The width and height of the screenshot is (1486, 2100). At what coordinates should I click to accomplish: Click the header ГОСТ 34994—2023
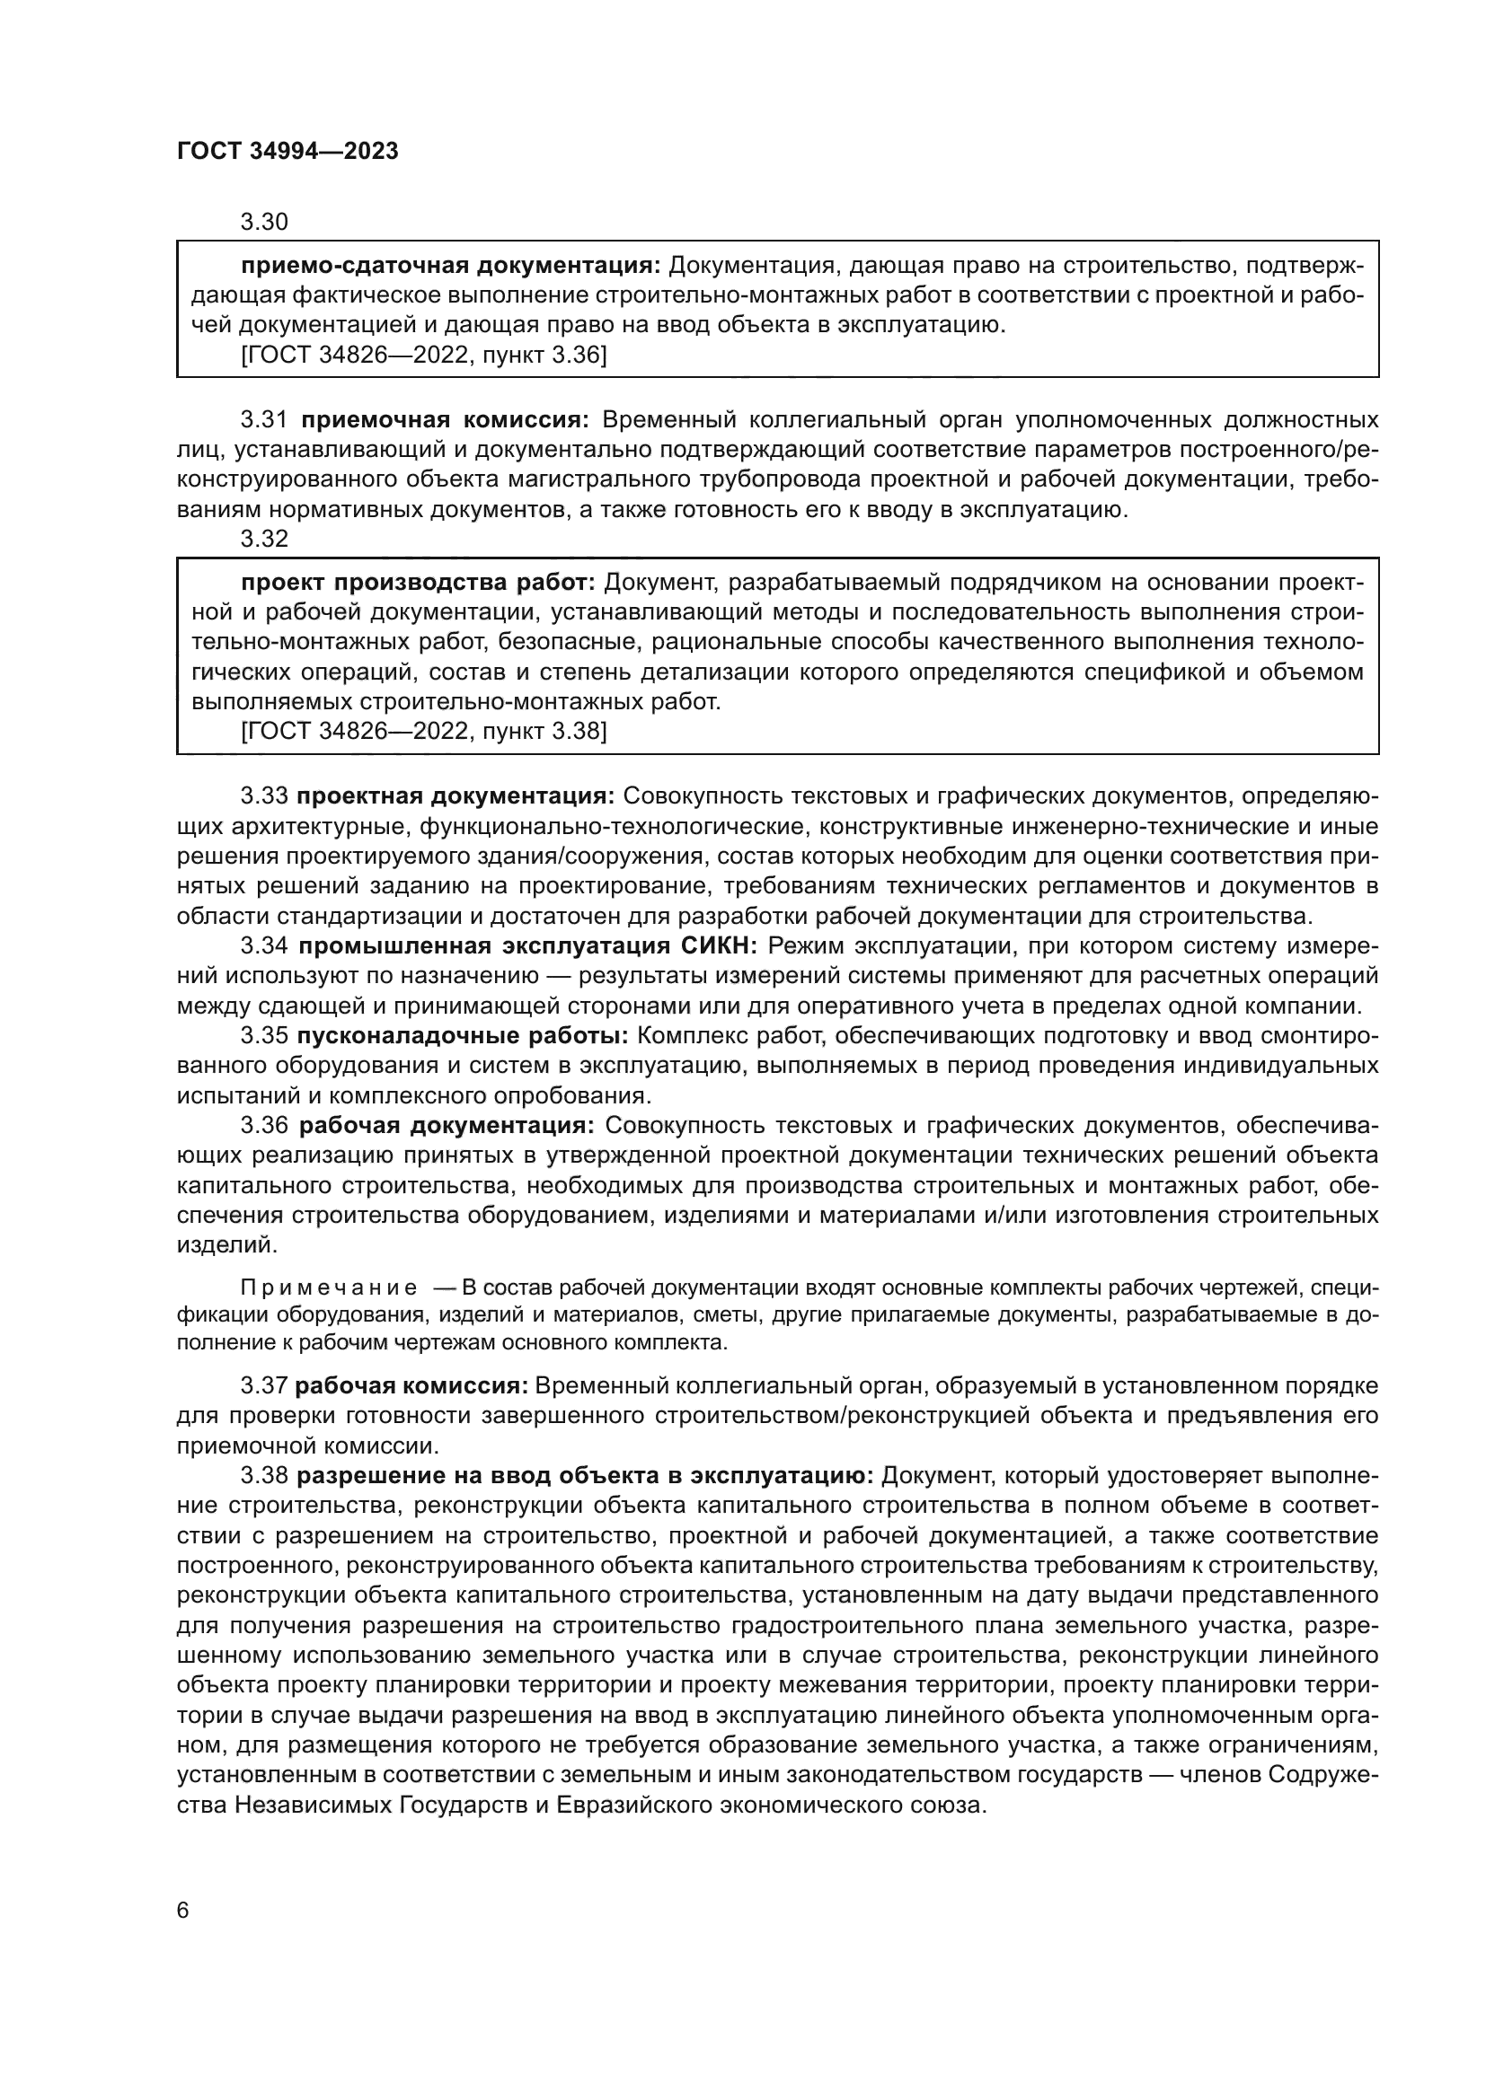pyautogui.click(x=287, y=152)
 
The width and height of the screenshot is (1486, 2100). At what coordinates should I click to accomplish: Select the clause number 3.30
pyautogui.click(x=263, y=223)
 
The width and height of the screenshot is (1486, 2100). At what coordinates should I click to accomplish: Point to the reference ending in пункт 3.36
pyautogui.click(x=424, y=355)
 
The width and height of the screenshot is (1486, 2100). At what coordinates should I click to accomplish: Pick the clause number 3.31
pyautogui.click(x=263, y=420)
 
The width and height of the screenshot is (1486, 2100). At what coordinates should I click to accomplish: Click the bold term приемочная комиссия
pyautogui.click(x=446, y=420)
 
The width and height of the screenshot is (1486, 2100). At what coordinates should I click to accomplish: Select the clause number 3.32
pyautogui.click(x=263, y=539)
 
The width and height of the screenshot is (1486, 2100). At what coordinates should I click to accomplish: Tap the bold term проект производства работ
pyautogui.click(x=418, y=583)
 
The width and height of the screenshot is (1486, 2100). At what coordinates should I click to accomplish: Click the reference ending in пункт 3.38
pyautogui.click(x=424, y=731)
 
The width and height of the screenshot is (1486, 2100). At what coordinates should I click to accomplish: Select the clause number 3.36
pyautogui.click(x=263, y=1125)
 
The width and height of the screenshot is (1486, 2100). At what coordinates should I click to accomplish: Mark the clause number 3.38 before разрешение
pyautogui.click(x=263, y=1476)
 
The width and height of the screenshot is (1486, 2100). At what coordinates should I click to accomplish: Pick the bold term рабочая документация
pyautogui.click(x=447, y=1125)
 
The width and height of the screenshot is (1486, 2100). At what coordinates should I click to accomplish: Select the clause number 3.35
pyautogui.click(x=263, y=1035)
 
